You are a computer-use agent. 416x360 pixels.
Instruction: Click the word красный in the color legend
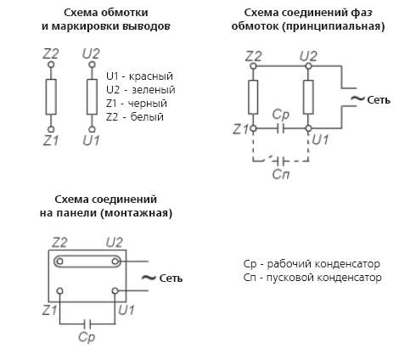(151, 76)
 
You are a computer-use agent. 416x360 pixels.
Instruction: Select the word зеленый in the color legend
(154, 90)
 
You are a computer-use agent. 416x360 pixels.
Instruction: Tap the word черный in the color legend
(148, 104)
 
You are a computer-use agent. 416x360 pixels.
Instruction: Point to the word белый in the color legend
(147, 117)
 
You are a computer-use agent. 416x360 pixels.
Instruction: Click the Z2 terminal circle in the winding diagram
(51, 65)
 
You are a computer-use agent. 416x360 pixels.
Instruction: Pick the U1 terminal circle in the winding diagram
(92, 129)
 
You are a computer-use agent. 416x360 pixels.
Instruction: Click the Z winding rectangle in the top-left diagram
(51, 97)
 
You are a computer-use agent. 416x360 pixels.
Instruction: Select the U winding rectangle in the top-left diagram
(92, 97)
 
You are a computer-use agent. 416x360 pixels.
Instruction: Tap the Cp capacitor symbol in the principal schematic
(280, 129)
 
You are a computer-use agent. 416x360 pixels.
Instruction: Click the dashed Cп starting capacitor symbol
(280, 161)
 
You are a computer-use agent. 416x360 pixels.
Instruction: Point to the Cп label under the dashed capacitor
(281, 174)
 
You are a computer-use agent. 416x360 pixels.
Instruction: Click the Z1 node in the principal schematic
(253, 129)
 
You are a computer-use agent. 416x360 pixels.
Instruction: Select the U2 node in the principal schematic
(308, 66)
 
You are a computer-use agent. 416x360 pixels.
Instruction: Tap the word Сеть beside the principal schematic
(379, 100)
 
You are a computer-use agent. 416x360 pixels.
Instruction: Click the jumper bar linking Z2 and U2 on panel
(87, 262)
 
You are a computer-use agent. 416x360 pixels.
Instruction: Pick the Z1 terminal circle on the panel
(60, 291)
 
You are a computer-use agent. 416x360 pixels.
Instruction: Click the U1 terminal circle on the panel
(115, 291)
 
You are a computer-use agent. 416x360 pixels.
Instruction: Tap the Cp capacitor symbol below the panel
(87, 323)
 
